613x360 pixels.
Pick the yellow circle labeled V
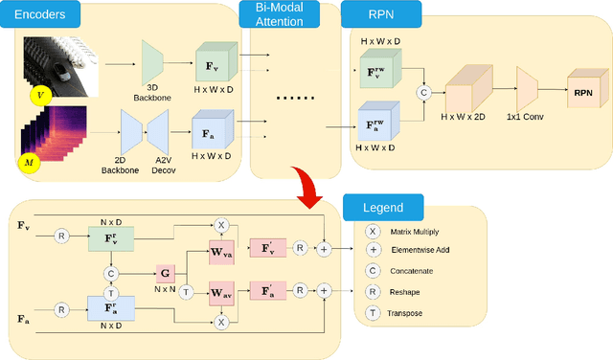click(x=38, y=96)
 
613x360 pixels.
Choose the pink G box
click(x=165, y=272)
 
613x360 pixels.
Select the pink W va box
click(x=221, y=256)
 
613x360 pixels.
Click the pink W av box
click(x=221, y=292)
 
